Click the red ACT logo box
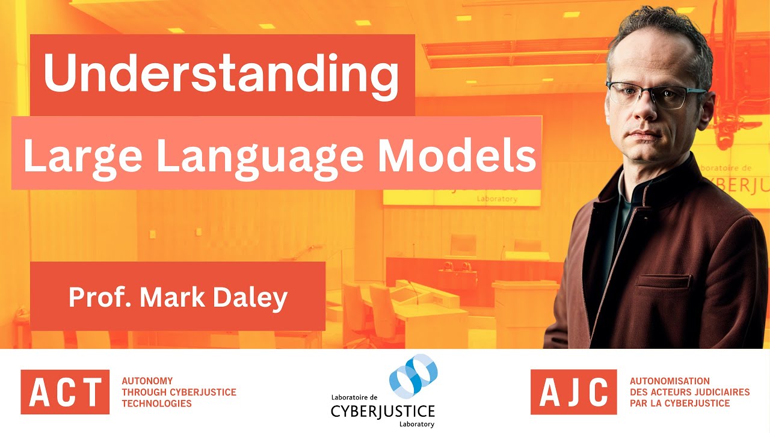[65, 392]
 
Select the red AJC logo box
[573, 392]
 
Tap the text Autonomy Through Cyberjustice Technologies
[179, 392]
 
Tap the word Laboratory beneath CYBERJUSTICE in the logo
[416, 424]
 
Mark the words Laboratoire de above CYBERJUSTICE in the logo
[354, 398]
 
